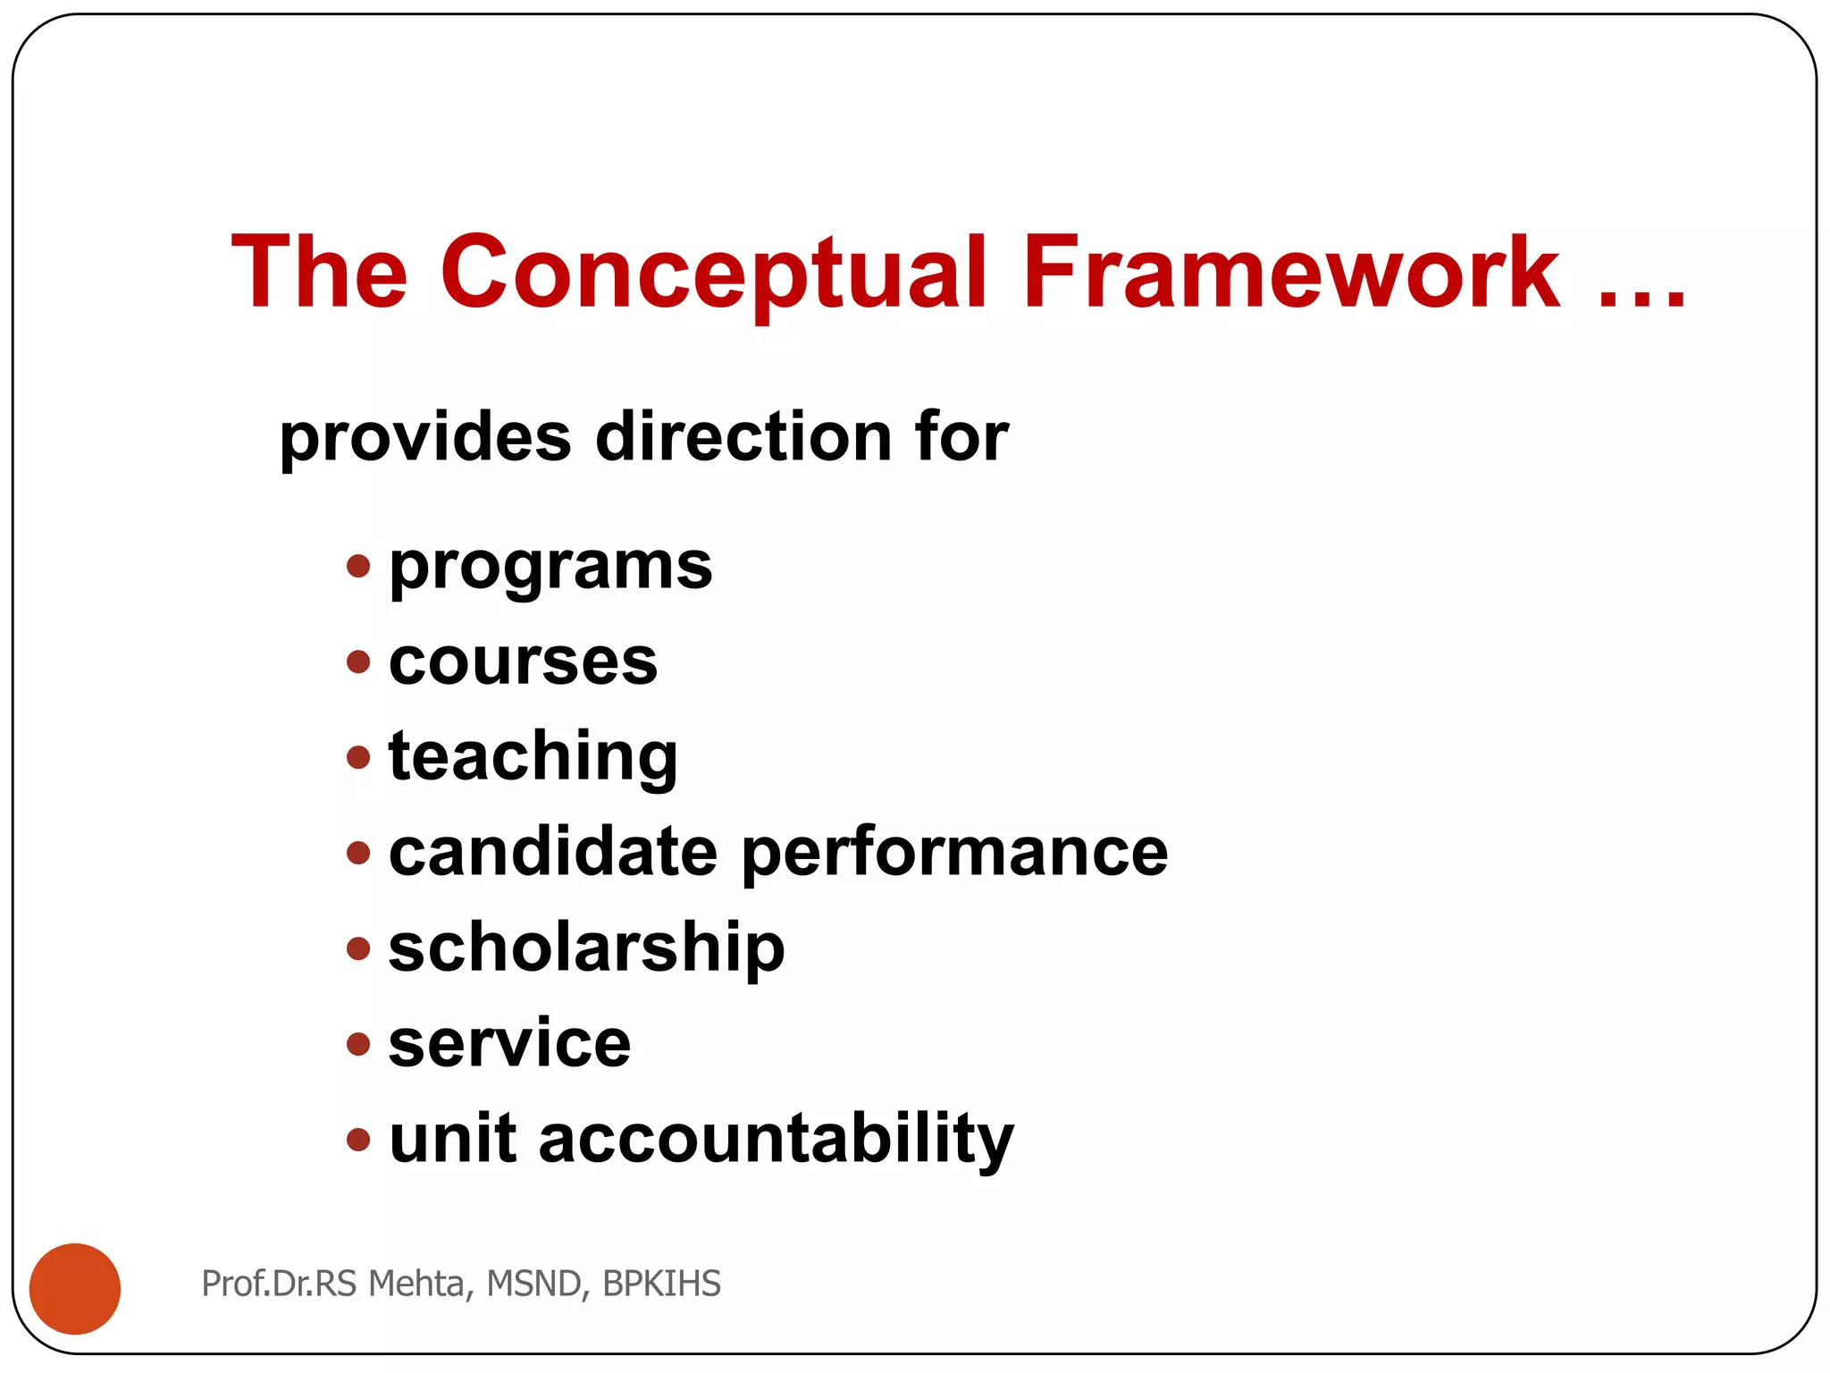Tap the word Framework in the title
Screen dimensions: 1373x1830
[x=1291, y=273]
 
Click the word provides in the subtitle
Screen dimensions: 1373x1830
[x=425, y=438]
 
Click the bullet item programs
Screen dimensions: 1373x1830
[x=550, y=567]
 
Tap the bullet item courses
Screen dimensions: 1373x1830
[x=523, y=662]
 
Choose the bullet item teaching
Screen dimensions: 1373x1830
[x=533, y=758]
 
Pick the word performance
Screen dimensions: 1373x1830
[x=954, y=854]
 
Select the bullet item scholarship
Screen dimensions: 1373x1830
[x=586, y=948]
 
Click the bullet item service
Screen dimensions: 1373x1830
[x=509, y=1043]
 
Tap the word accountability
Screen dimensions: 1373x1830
[x=776, y=1141]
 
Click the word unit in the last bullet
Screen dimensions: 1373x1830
[x=452, y=1139]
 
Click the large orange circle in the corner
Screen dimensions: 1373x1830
[x=75, y=1288]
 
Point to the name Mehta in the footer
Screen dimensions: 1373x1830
[x=416, y=1284]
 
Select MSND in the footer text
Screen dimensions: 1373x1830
[x=535, y=1284]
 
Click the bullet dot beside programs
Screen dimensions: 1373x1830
[x=358, y=566]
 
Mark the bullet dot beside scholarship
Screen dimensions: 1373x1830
[x=358, y=948]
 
